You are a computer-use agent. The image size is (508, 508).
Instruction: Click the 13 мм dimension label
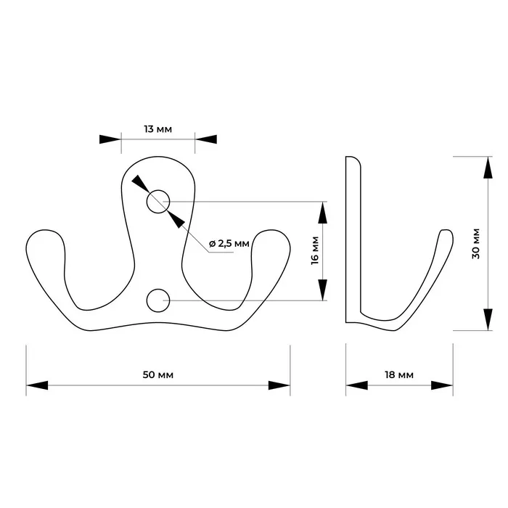pyautogui.click(x=157, y=129)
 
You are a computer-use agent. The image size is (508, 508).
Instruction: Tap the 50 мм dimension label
pyautogui.click(x=157, y=374)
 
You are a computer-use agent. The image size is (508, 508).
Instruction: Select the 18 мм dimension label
pyautogui.click(x=399, y=374)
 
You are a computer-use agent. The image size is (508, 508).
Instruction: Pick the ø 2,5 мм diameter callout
pyautogui.click(x=229, y=243)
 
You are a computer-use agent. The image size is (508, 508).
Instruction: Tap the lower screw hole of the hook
pyautogui.click(x=157, y=300)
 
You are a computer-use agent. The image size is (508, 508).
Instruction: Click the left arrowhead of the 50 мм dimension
pyautogui.click(x=37, y=385)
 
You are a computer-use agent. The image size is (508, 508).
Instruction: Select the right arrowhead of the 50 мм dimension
pyautogui.click(x=279, y=385)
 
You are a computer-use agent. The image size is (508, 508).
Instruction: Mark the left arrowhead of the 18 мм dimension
pyautogui.click(x=356, y=385)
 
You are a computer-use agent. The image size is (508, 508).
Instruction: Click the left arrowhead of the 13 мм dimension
pyautogui.click(x=110, y=139)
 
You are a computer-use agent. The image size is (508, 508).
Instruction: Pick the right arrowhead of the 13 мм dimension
pyautogui.click(x=206, y=139)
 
